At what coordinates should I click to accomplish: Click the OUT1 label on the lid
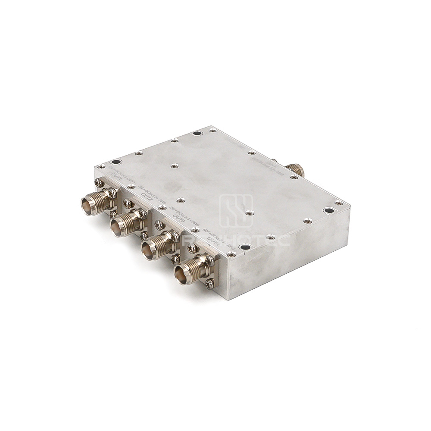pyautogui.click(x=116, y=177)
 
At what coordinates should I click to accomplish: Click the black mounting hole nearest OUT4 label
pyautogui.click(x=244, y=247)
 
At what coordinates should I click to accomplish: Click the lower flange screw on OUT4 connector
pyautogui.click(x=210, y=283)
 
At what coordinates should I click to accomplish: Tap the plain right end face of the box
pyautogui.click(x=289, y=254)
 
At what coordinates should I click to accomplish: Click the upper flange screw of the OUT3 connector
pyautogui.click(x=159, y=225)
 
